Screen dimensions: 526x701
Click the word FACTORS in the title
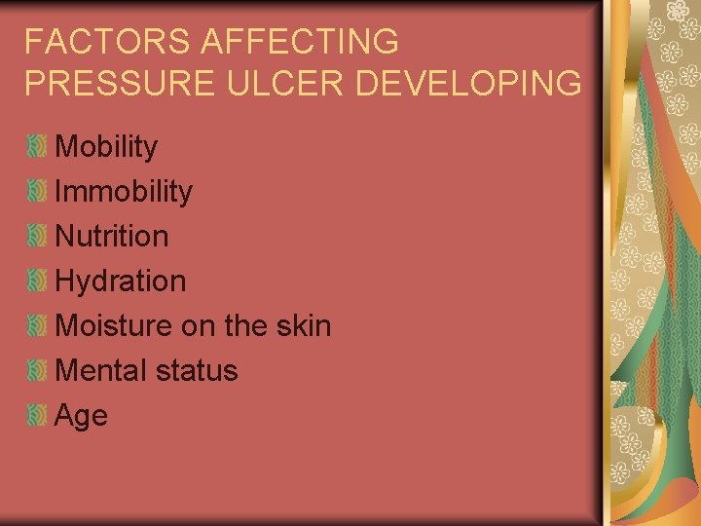[94, 42]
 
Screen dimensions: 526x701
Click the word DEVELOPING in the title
[469, 83]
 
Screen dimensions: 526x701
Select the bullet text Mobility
[106, 147]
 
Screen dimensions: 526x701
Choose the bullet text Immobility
[124, 192]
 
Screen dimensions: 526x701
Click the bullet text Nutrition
[112, 236]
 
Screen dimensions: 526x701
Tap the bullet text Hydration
[121, 282]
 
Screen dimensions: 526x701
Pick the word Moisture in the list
[115, 325]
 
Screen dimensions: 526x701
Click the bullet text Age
[82, 416]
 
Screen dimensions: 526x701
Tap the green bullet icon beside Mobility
[37, 147]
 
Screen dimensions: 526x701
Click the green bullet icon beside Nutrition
[37, 236]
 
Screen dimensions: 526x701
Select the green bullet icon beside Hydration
[37, 281]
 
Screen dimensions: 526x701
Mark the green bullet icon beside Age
[37, 415]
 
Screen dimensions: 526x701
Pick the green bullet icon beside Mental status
[37, 370]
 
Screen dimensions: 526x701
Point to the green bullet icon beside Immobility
[37, 191]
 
